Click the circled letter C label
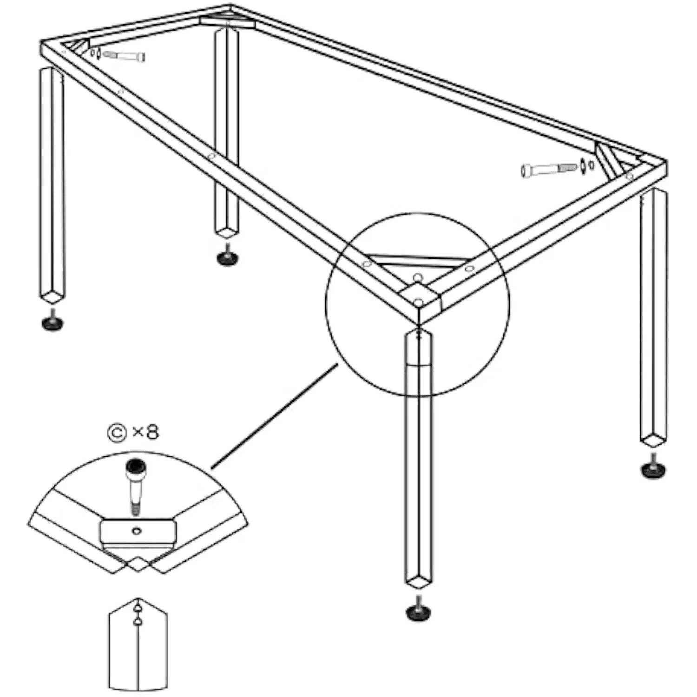[x=117, y=433]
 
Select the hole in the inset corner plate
[x=137, y=530]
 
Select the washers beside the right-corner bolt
[x=587, y=165]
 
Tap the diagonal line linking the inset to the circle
[x=275, y=416]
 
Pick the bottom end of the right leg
[x=654, y=439]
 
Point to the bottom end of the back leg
[x=227, y=231]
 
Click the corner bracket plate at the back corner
[x=228, y=21]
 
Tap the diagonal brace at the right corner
[x=609, y=161]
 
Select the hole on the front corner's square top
[x=418, y=302]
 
